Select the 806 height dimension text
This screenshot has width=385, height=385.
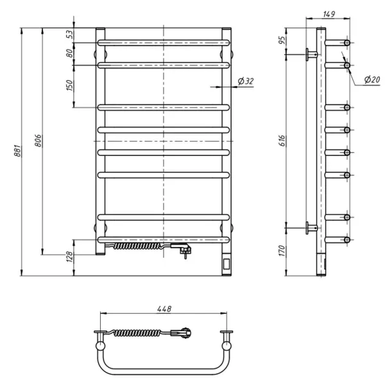pyautogui.click(x=38, y=142)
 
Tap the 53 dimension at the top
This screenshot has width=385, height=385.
pyautogui.click(x=69, y=35)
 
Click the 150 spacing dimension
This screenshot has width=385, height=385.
pyautogui.click(x=69, y=85)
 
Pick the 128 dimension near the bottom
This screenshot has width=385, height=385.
pyautogui.click(x=69, y=257)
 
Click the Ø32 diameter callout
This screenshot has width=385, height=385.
pyautogui.click(x=245, y=81)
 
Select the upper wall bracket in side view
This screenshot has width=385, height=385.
pyautogui.click(x=312, y=54)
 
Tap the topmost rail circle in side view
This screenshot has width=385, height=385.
pyautogui.click(x=347, y=42)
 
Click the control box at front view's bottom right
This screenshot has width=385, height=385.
pyautogui.click(x=227, y=263)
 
